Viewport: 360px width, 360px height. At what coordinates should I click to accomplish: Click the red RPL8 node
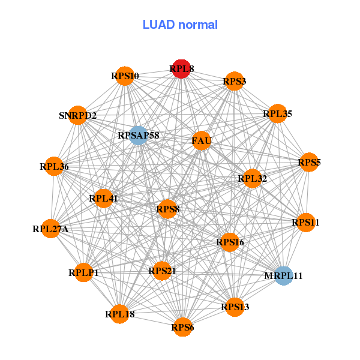click(181, 69)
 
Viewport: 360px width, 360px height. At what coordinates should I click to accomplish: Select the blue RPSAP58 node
click(138, 136)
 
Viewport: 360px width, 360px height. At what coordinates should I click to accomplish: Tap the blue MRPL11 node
click(284, 276)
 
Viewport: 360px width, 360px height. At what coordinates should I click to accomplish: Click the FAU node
click(202, 140)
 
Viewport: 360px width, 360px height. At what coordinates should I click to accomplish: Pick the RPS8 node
click(167, 209)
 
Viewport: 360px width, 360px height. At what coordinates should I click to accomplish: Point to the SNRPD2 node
click(78, 115)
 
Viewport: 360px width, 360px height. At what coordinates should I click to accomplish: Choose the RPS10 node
click(125, 76)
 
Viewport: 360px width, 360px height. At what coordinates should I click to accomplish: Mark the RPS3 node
click(234, 81)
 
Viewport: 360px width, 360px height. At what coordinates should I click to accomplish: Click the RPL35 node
click(278, 113)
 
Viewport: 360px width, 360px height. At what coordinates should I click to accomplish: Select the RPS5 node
click(309, 162)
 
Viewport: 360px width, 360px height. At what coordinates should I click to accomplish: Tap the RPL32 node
click(253, 178)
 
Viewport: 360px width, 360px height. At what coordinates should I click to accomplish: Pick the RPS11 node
click(305, 222)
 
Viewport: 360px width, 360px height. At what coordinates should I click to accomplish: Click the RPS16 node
click(230, 242)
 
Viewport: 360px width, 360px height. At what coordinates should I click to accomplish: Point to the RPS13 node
click(235, 307)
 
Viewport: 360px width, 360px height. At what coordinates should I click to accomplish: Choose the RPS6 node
click(182, 327)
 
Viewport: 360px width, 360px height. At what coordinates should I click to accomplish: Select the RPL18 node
click(119, 314)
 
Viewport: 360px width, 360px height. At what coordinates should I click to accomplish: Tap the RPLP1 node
click(83, 272)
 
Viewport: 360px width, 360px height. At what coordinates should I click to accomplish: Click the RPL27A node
click(50, 229)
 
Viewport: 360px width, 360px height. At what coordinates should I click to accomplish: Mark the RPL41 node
click(103, 199)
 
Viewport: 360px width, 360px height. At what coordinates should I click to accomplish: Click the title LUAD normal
click(180, 25)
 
